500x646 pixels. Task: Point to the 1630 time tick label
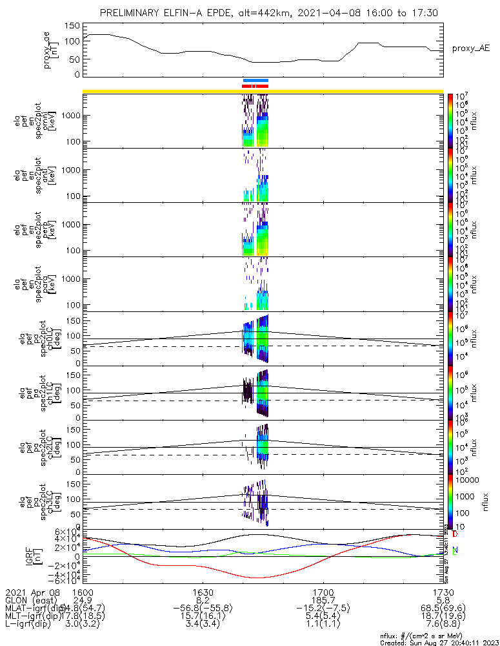[x=203, y=591]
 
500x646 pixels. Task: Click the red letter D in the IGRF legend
[x=455, y=535]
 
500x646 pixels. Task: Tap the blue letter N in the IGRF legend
[x=455, y=549]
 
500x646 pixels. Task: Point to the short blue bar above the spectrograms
[x=255, y=80]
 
